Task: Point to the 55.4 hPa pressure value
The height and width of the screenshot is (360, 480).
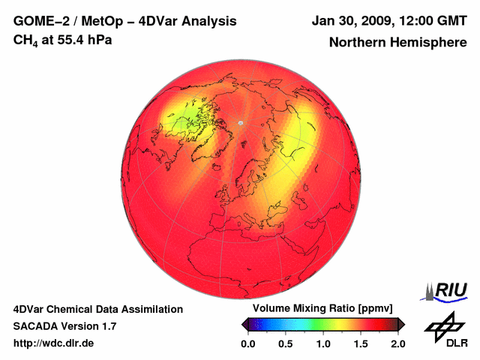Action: point(82,40)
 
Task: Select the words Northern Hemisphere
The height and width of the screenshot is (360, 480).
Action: point(398,43)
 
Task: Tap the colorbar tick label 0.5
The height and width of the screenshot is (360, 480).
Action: point(285,343)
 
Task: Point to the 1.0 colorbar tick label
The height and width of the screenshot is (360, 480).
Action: point(322,343)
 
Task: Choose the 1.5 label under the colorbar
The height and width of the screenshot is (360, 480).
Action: point(360,343)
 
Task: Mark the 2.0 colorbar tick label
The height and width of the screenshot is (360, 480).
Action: point(397,343)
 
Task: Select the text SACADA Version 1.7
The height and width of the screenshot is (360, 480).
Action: point(64,326)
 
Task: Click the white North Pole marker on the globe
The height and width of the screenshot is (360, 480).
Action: point(240,122)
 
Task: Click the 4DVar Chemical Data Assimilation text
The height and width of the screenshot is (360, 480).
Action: point(97,309)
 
